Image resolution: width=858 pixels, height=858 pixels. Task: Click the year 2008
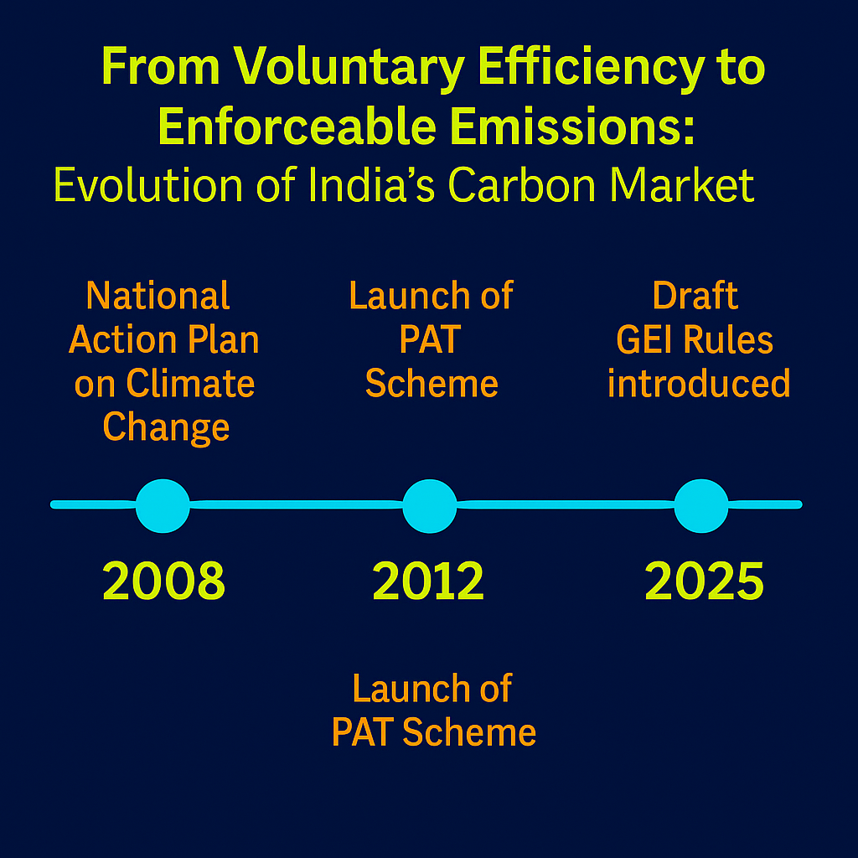tap(163, 581)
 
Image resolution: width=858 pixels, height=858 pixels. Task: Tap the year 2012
tap(428, 581)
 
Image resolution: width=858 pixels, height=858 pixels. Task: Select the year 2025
tap(704, 581)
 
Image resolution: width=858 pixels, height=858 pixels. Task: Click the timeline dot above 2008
tap(163, 505)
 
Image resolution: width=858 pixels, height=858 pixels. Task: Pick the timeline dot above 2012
tap(430, 505)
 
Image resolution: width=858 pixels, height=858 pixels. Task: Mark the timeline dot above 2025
tap(701, 505)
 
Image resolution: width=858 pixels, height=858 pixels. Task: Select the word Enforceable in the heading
tap(297, 127)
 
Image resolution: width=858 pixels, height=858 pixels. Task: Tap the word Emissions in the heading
tap(572, 127)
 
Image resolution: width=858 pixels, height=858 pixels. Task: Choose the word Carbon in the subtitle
tap(522, 185)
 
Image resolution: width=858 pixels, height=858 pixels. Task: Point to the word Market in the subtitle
tap(682, 185)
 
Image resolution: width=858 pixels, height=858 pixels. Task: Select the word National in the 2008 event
tap(158, 296)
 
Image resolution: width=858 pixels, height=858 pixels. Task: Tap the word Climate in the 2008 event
tap(190, 383)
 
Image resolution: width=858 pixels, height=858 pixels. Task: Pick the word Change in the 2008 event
tap(166, 428)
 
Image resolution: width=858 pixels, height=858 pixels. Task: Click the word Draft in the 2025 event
tap(695, 296)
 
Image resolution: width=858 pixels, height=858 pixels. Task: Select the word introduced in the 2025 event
tap(700, 383)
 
